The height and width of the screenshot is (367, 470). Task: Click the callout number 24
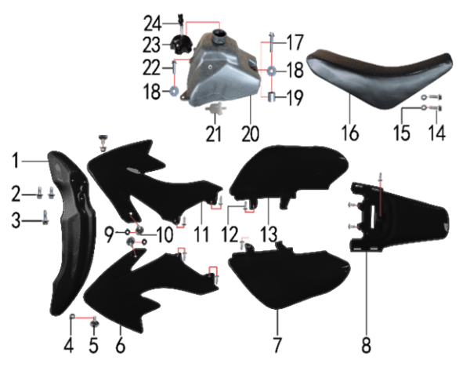pos(153,24)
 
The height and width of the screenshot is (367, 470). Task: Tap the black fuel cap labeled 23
pos(181,45)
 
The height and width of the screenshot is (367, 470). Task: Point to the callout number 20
pos(251,134)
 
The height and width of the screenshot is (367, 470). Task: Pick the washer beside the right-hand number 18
pos(272,71)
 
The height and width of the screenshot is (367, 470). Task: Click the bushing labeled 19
pos(272,97)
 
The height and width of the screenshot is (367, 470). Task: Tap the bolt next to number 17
pos(271,42)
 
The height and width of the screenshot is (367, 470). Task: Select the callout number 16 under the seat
pos(350,133)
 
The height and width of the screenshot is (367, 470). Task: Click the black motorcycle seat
pos(380,78)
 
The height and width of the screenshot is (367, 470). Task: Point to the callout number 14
pos(437,133)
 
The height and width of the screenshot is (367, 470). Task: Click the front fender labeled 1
pos(71,234)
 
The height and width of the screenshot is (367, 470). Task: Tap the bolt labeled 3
pos(45,217)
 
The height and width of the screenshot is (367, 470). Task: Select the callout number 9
pos(110,234)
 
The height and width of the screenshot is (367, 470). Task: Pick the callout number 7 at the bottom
pos(277,345)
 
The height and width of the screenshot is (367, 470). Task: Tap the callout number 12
pos(230,234)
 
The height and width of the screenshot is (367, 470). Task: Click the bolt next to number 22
pos(174,69)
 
